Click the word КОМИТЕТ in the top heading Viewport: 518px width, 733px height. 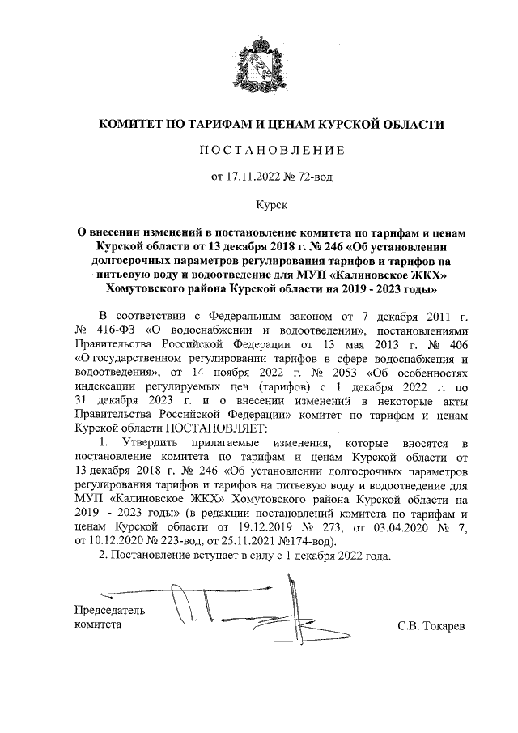click(x=132, y=124)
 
